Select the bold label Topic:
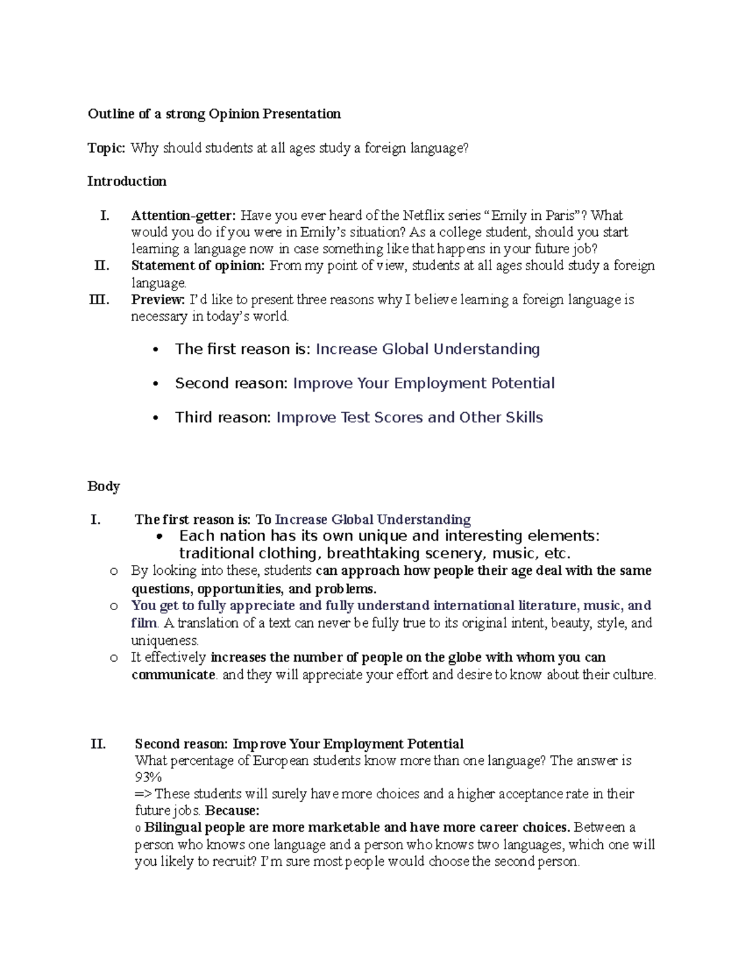pyautogui.click(x=106, y=148)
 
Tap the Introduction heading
pyautogui.click(x=127, y=181)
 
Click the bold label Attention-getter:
pyautogui.click(x=183, y=215)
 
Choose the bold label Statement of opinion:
pyautogui.click(x=198, y=266)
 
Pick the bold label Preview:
pyautogui.click(x=158, y=300)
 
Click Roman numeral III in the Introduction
pyautogui.click(x=99, y=300)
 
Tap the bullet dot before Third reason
pyautogui.click(x=156, y=418)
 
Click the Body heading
pyautogui.click(x=103, y=486)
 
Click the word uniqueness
pyautogui.click(x=165, y=640)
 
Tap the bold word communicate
pyautogui.click(x=173, y=675)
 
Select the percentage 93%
pyautogui.click(x=148, y=777)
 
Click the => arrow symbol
pyautogui.click(x=143, y=794)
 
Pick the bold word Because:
pyautogui.click(x=232, y=811)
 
